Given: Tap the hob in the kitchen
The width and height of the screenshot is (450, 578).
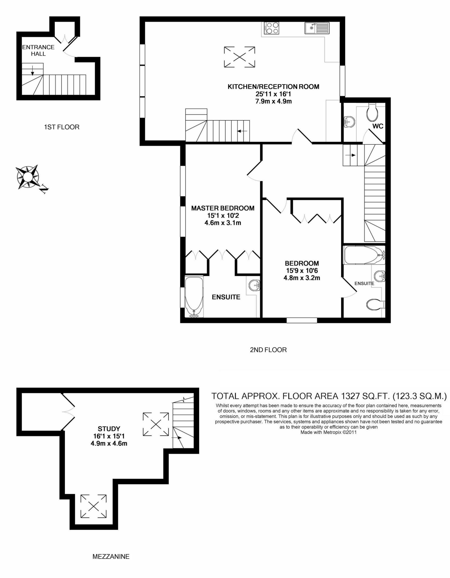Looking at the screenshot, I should click(272, 28).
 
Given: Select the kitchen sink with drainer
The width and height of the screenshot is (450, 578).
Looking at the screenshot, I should click(317, 28).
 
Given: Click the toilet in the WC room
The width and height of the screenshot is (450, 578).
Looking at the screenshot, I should click(372, 112).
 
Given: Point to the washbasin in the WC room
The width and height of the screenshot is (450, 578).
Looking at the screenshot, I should click(349, 122).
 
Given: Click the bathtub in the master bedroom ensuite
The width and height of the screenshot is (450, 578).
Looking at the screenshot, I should click(194, 296).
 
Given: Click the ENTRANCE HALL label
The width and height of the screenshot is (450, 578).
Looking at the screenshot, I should click(38, 50).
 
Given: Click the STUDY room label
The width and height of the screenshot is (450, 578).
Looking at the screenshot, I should click(109, 429).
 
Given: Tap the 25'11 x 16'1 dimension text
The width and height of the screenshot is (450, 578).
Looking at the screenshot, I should click(273, 94).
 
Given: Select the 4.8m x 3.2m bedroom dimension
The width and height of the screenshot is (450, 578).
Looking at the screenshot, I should click(302, 278).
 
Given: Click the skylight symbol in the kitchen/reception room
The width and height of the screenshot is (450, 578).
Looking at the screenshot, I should click(240, 57).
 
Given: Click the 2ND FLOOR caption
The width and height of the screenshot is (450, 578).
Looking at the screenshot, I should click(268, 350).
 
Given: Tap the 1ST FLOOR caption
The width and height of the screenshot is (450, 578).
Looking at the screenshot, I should click(62, 127).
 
